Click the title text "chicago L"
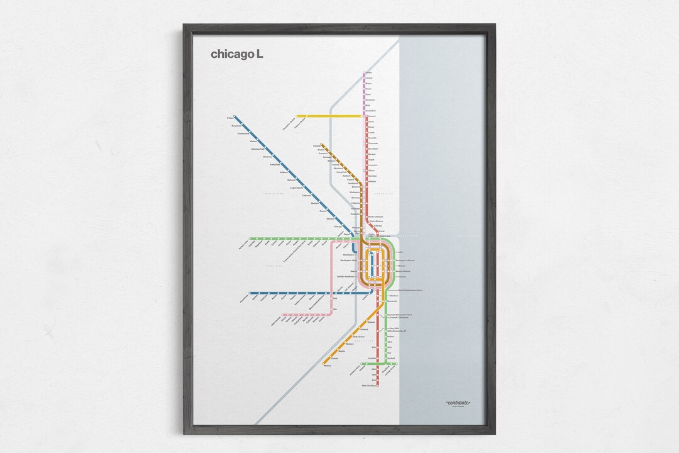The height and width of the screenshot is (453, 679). pos(237,54)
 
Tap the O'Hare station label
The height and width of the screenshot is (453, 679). pos(230,118)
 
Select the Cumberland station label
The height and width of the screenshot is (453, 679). pos(243,133)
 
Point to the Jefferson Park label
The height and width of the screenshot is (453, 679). pos(258,150)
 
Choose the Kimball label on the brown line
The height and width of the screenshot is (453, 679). pos(317,145)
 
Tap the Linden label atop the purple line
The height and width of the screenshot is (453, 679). pos(369,74)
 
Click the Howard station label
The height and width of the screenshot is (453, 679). pos(372,116)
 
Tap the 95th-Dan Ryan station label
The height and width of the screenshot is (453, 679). pos(369,385)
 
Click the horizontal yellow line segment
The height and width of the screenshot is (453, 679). pos(329,116)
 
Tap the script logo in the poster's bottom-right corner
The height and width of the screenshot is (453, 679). pos(458,403)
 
